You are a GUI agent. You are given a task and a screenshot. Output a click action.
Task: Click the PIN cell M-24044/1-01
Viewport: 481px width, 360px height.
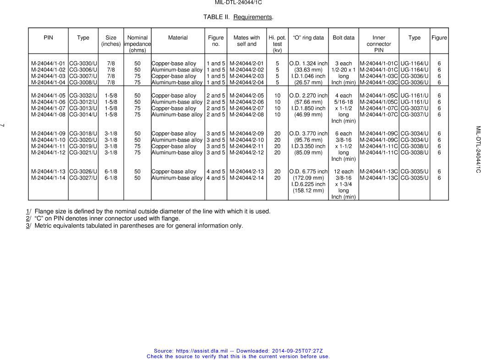[x=48, y=63]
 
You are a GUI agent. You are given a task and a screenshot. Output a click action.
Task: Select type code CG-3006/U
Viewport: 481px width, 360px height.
[x=83, y=70]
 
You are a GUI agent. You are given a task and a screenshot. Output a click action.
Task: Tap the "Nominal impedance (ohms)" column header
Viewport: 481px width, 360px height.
[x=137, y=44]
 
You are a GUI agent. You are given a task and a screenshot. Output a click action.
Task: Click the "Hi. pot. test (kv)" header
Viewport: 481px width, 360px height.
[x=277, y=44]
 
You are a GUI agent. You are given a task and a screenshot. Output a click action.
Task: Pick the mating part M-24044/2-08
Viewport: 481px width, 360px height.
[x=246, y=115]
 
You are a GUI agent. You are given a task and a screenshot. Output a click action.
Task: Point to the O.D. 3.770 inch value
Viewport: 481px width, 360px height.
[x=308, y=134]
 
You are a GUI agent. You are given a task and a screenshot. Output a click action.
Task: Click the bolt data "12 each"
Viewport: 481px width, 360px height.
[x=343, y=172]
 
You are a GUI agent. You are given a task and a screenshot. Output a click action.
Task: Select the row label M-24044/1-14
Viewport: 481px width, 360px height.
[x=48, y=178]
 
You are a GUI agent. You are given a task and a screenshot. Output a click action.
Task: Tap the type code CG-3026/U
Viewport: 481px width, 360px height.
[x=83, y=172]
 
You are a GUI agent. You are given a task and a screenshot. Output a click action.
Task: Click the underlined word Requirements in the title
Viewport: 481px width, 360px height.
[x=252, y=17]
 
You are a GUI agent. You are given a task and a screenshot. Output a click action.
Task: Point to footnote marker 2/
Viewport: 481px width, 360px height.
[x=28, y=218]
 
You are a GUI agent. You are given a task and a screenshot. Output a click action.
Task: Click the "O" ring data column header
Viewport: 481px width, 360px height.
[x=308, y=38]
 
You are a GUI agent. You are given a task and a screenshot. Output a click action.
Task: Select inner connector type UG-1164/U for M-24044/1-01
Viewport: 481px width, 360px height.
[x=414, y=63]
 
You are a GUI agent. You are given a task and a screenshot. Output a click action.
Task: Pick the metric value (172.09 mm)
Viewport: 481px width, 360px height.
[x=308, y=178]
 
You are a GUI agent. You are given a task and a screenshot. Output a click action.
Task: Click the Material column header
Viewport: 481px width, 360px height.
[x=178, y=38]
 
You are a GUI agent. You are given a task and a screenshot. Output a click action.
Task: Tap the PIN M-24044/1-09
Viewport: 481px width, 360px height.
[x=48, y=134]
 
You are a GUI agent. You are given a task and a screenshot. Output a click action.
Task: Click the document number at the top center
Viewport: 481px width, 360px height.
[x=238, y=3]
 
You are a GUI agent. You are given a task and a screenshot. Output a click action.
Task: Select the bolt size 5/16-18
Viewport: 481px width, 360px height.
[x=343, y=102]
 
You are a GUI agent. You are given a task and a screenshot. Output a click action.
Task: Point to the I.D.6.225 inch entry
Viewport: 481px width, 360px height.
[x=308, y=184]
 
